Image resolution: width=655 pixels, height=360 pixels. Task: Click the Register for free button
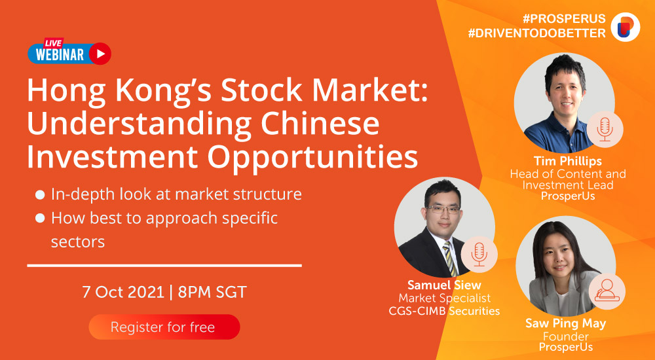(x=164, y=327)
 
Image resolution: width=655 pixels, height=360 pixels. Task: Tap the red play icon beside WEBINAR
(x=100, y=54)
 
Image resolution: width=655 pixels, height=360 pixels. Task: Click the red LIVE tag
(x=54, y=43)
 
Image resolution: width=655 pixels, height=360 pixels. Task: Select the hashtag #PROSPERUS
(x=563, y=19)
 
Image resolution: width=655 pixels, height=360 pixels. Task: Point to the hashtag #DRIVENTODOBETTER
(x=537, y=33)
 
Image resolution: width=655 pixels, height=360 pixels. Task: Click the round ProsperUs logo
(x=626, y=27)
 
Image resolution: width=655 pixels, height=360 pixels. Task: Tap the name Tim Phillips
(x=567, y=161)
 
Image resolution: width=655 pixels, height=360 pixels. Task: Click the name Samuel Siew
(x=445, y=285)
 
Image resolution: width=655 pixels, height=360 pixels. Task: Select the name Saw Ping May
(x=566, y=323)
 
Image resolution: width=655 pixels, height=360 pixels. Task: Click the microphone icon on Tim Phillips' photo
(x=605, y=130)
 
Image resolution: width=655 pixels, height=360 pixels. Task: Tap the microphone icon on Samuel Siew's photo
(x=479, y=255)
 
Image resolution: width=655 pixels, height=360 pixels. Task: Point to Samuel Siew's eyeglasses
(x=442, y=209)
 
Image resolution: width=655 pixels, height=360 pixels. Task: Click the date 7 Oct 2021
(x=123, y=292)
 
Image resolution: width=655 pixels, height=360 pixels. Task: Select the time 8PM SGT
(x=212, y=292)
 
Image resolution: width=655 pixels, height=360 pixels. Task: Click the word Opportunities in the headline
(x=313, y=158)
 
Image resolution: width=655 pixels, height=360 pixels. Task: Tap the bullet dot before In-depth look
(x=40, y=194)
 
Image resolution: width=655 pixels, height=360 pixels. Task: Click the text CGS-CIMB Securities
(x=444, y=311)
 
